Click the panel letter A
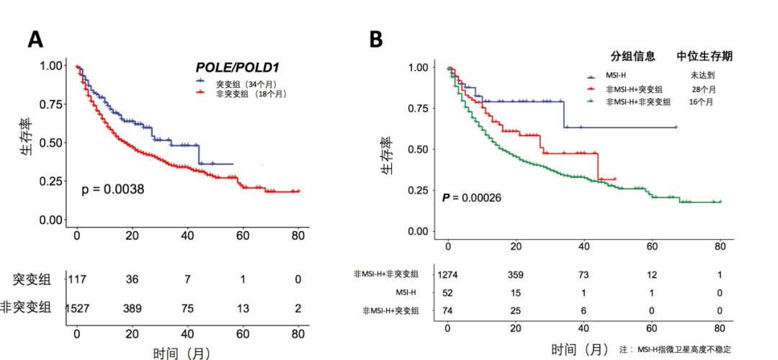[35, 40]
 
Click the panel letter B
[375, 40]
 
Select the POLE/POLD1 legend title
[237, 67]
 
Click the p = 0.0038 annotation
[113, 190]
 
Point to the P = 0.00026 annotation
[472, 197]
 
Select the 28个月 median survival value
[702, 89]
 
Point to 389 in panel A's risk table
[132, 309]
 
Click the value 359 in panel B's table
[517, 274]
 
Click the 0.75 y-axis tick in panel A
[52, 104]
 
